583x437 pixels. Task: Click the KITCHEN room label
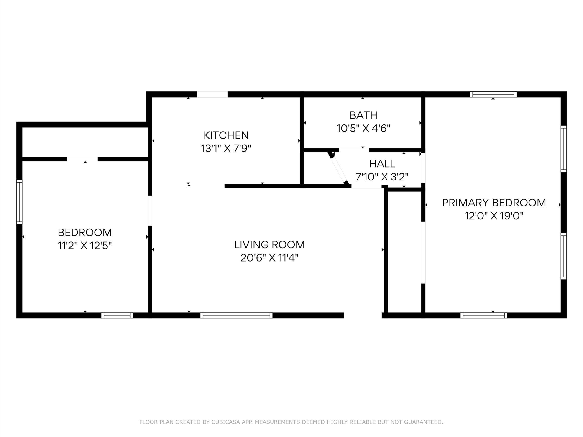tap(226, 135)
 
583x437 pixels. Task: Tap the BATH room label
tap(363, 115)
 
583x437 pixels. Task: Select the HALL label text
tap(382, 164)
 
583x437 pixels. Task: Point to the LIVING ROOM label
tap(269, 245)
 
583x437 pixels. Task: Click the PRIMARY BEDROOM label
tap(494, 203)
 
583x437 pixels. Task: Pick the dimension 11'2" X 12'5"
tap(85, 246)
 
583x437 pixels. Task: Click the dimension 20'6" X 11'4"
tap(269, 258)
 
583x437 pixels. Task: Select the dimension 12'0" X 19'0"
tap(494, 216)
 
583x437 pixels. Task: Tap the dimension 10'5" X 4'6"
tap(363, 129)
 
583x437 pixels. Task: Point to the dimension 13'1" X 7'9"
tap(226, 149)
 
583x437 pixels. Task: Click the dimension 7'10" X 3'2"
tap(382, 177)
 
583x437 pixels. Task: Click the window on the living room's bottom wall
tap(236, 315)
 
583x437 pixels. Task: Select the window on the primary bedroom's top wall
tap(493, 94)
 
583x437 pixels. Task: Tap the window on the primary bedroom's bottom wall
tap(484, 315)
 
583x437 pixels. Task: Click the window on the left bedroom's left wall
tap(19, 202)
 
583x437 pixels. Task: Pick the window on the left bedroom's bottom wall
tap(117, 315)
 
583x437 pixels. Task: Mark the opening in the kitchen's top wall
tap(212, 94)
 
